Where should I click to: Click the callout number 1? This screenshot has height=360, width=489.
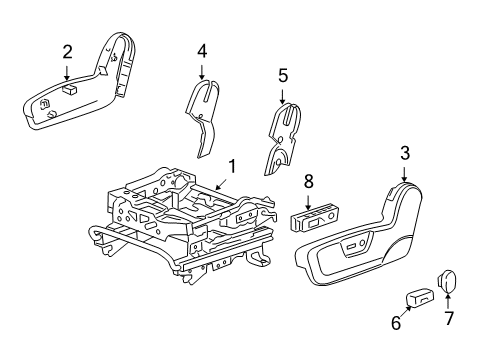point(232,166)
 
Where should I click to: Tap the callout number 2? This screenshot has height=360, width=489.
point(67,51)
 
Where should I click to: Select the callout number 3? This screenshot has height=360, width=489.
point(405,152)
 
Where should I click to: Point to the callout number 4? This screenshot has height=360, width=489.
point(201,49)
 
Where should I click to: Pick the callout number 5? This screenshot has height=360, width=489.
point(283,74)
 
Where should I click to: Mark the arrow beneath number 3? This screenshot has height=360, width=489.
point(405,174)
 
